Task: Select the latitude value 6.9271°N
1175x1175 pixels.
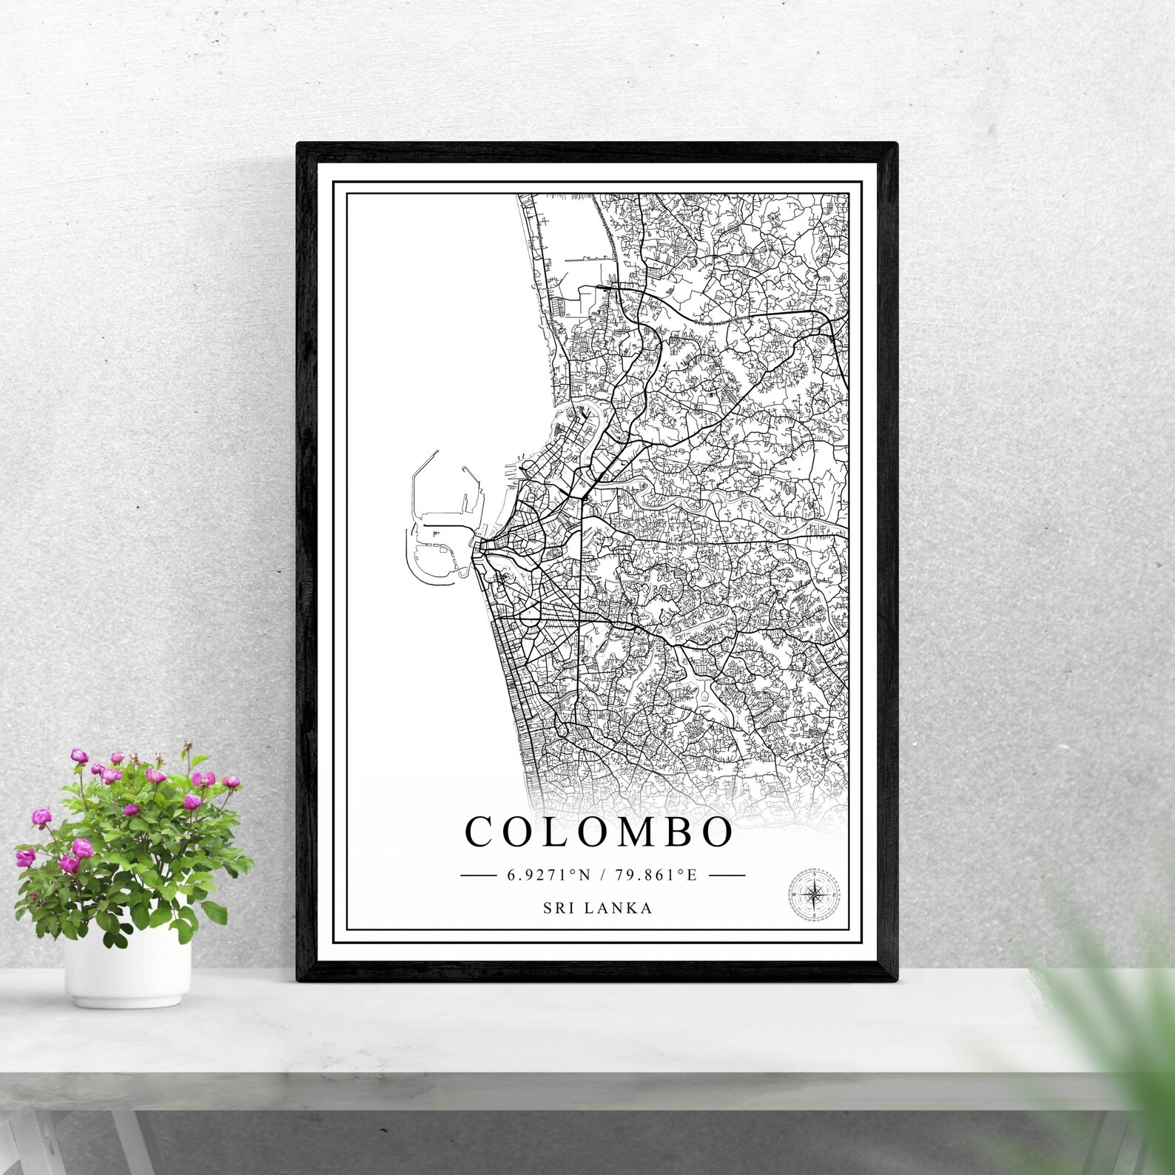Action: [x=548, y=875]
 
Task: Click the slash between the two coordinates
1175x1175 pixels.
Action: [x=603, y=875]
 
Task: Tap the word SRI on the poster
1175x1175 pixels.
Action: [x=559, y=908]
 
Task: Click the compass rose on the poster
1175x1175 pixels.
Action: [x=815, y=895]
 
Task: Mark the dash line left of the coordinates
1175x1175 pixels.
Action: [x=478, y=875]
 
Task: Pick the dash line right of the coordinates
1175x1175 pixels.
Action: [x=727, y=875]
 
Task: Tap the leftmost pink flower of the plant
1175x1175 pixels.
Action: [x=25, y=858]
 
